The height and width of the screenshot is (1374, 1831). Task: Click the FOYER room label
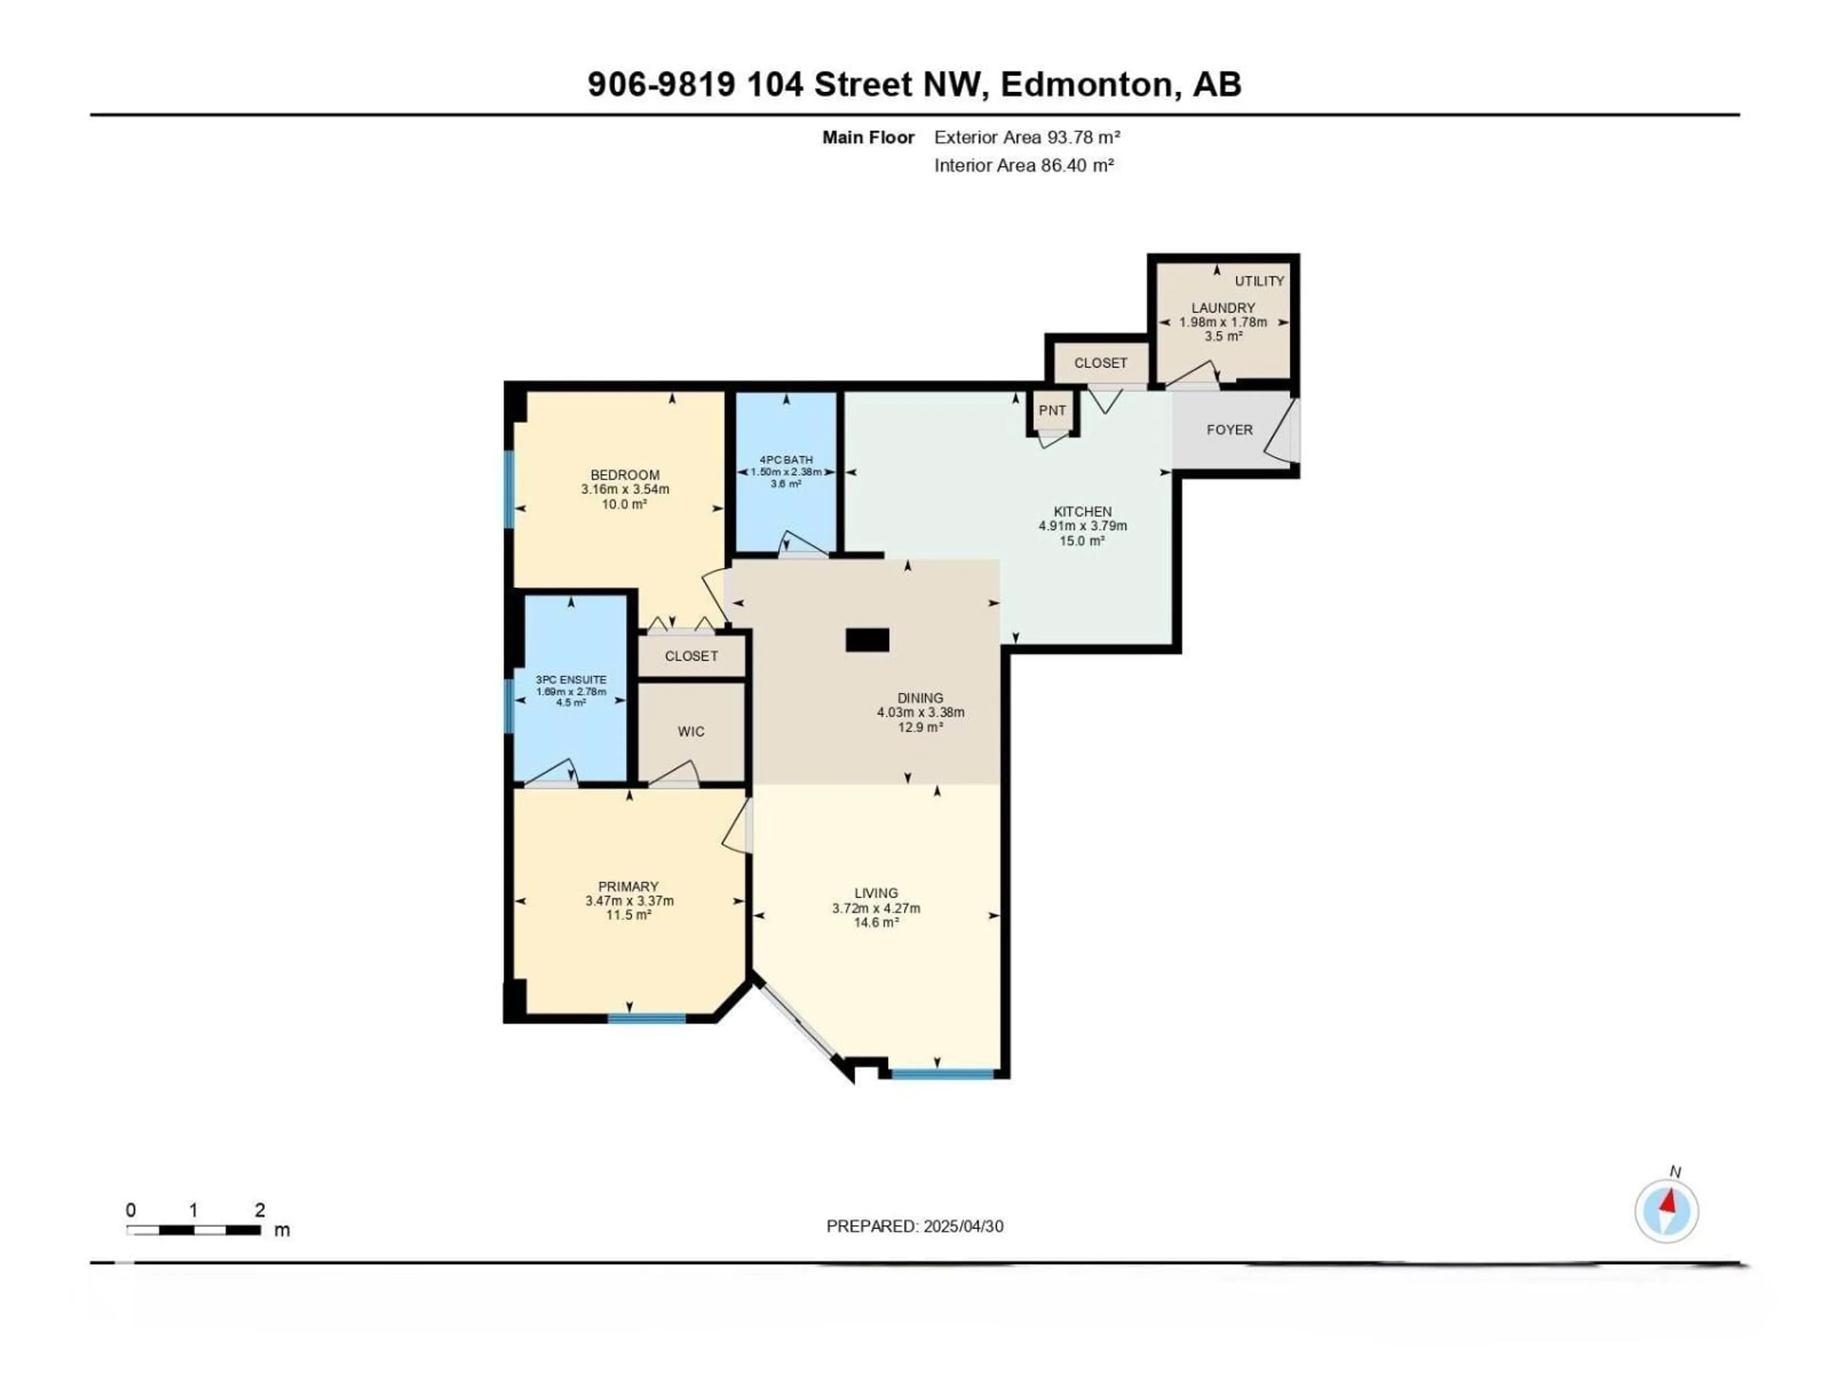(x=1229, y=430)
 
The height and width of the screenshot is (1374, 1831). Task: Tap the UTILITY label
(x=1259, y=281)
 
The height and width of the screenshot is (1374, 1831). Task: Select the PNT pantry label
(x=1052, y=411)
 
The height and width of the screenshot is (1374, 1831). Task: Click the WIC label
(x=691, y=731)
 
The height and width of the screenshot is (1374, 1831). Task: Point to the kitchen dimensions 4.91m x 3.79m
(x=1083, y=526)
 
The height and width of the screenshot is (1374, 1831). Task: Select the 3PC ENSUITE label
(x=571, y=680)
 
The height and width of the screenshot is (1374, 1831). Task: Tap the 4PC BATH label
(x=785, y=459)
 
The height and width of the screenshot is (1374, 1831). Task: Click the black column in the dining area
(x=867, y=640)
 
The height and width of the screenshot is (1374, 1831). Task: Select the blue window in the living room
(x=942, y=1074)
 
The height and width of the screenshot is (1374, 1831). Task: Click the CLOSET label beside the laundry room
(x=1100, y=363)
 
